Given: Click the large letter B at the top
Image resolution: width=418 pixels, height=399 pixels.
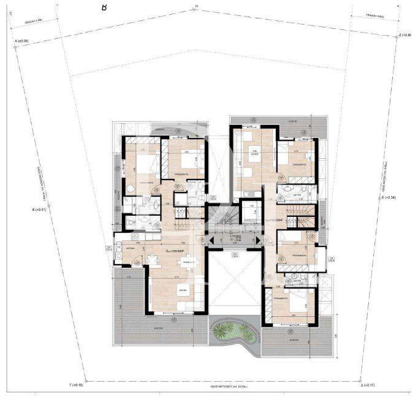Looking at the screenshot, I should point(104,7).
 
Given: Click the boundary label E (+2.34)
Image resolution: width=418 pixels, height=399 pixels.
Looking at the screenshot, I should point(390,197).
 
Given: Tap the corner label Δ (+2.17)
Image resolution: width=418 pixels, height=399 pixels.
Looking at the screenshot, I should point(373,387).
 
